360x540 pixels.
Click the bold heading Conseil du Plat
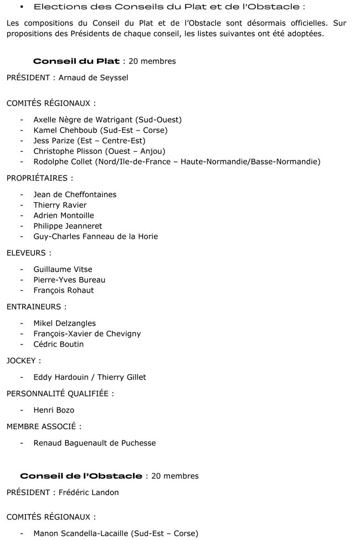(76, 61)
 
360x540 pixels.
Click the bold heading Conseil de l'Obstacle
(81, 476)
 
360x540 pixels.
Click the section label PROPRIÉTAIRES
(38, 178)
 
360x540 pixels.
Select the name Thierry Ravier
(60, 205)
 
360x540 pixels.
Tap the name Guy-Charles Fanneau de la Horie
(95, 236)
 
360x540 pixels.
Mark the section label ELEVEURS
(28, 253)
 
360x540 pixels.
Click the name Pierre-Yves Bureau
(69, 280)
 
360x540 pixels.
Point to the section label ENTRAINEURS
(35, 306)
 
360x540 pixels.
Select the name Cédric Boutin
(59, 344)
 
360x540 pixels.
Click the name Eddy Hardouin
(60, 377)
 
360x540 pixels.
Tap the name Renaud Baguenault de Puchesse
(94, 443)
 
